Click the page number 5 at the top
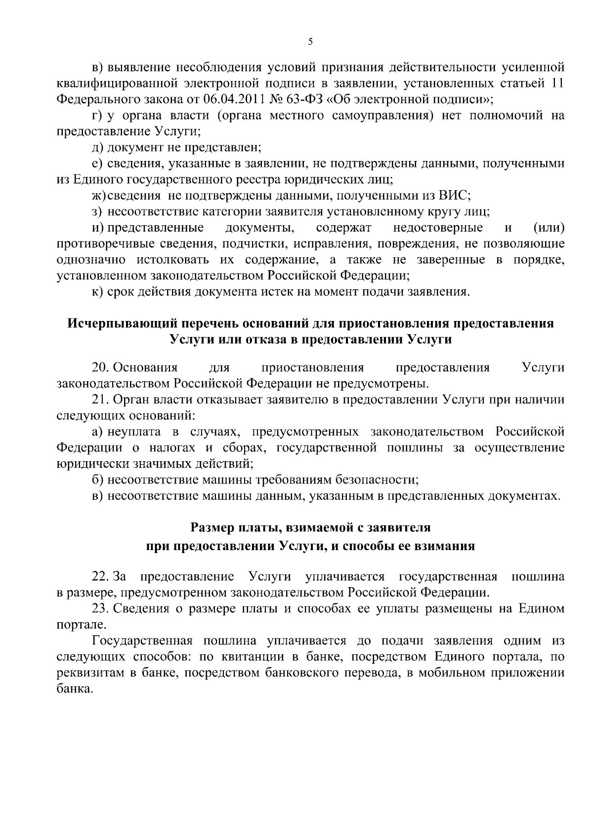[310, 42]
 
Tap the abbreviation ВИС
[453, 196]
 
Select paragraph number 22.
[100, 577]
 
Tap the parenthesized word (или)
[549, 228]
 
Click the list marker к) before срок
[98, 292]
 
